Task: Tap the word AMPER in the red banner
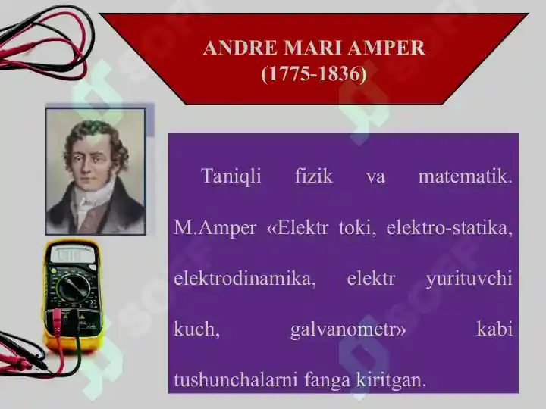(386, 47)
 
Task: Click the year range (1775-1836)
(314, 73)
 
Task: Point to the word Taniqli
(231, 176)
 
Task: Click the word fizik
(314, 175)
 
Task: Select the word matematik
(465, 176)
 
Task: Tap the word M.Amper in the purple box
(215, 229)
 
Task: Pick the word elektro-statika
(450, 228)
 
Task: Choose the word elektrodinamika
(245, 279)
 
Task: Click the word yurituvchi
(469, 279)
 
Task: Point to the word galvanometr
(348, 329)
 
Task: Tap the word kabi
(494, 328)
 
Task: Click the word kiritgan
(391, 380)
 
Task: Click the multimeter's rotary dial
(73, 289)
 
